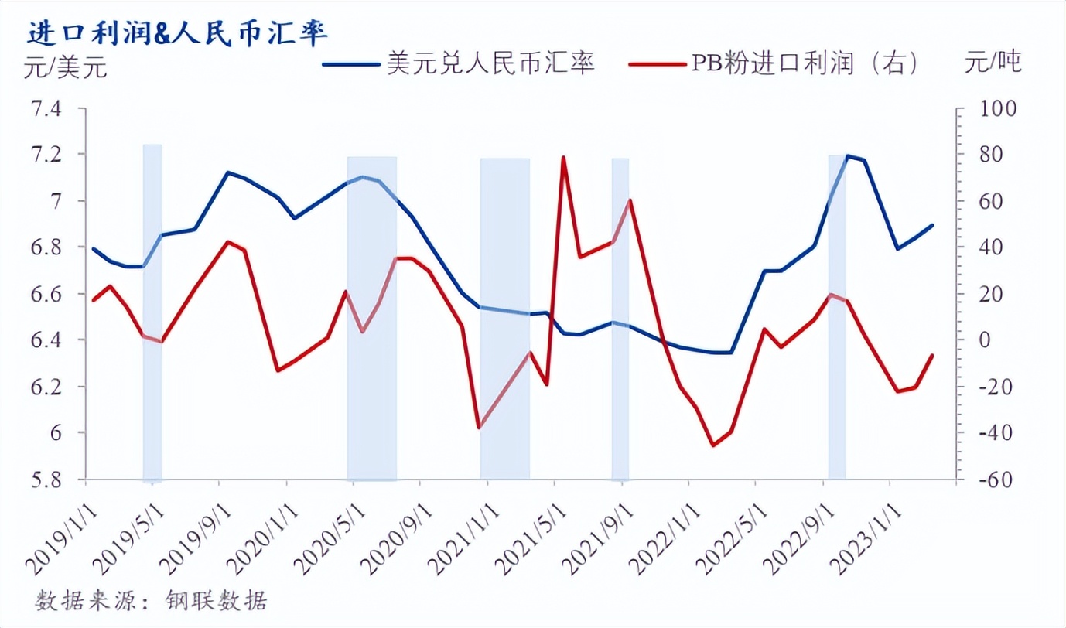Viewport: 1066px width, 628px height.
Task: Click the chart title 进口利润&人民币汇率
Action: pos(178,33)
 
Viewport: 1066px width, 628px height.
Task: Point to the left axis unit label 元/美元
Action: pos(66,68)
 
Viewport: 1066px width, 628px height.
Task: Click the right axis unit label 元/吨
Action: pos(993,62)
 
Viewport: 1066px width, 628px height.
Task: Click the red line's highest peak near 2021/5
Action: pos(563,157)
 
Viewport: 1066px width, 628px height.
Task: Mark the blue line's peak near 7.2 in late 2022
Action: pos(848,156)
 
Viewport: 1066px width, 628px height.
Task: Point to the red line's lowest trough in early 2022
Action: pos(712,445)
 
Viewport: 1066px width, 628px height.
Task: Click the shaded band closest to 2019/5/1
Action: pos(152,313)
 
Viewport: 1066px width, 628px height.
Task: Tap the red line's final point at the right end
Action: pos(932,355)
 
